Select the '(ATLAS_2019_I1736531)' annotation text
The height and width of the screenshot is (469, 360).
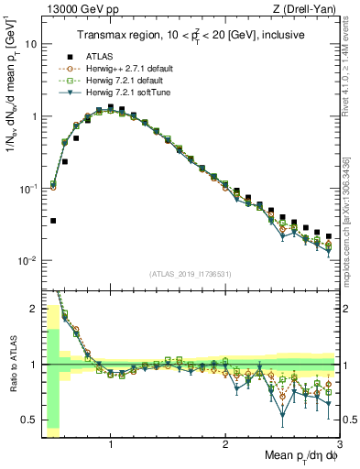click(191, 273)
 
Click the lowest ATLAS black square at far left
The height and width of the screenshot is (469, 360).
click(53, 221)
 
